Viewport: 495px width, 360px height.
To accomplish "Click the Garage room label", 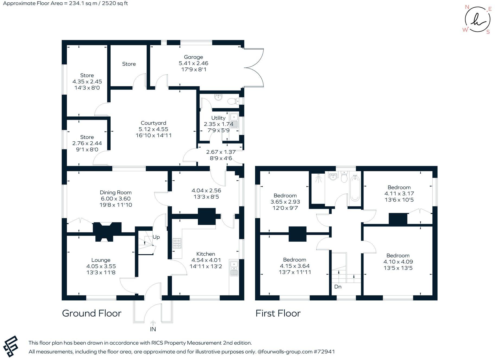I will [x=193, y=57].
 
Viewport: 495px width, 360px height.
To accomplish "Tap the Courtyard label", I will [x=153, y=123].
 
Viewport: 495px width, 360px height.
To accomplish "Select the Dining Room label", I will [x=116, y=193].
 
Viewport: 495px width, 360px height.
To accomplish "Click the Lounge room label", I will [x=101, y=260].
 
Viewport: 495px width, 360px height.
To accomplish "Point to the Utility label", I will [x=218, y=118].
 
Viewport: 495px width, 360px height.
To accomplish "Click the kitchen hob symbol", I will [x=177, y=243].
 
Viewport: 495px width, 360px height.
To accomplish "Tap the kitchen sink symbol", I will [x=233, y=268].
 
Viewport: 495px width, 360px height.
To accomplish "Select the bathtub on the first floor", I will [x=355, y=188].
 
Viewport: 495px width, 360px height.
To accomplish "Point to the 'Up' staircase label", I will [x=156, y=237].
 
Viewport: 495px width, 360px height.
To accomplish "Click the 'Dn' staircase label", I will [x=338, y=287].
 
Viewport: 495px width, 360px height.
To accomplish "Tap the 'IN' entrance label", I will [x=153, y=329].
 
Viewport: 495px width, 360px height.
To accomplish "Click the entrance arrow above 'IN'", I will [x=153, y=323].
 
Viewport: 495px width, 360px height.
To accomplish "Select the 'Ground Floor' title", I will [x=92, y=313].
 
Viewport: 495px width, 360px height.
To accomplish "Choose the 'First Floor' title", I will [x=278, y=313].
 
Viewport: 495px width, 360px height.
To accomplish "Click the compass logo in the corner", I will [x=477, y=20].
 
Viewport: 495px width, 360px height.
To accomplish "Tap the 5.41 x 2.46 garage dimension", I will [x=193, y=63].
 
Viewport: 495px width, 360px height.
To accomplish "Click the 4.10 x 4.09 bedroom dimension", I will [x=398, y=262].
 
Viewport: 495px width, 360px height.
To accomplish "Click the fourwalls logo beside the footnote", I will [x=11, y=347].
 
